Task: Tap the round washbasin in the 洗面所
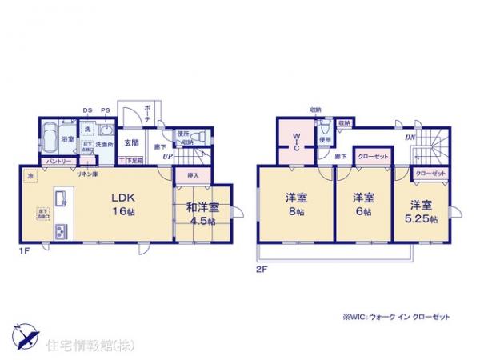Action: [106, 130]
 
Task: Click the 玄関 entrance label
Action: [133, 143]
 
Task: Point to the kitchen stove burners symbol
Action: [60, 232]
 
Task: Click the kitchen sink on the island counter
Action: [59, 198]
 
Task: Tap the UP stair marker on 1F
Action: [167, 156]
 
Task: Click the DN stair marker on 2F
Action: [409, 138]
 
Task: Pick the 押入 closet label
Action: [192, 174]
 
